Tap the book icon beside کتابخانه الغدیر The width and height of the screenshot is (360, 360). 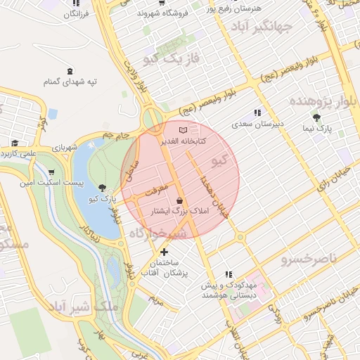pos(184,130)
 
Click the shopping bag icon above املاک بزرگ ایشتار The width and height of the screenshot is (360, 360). pos(179,200)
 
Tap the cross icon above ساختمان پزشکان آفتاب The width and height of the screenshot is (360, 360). pos(165,251)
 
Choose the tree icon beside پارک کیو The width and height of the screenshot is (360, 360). pos(103,188)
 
